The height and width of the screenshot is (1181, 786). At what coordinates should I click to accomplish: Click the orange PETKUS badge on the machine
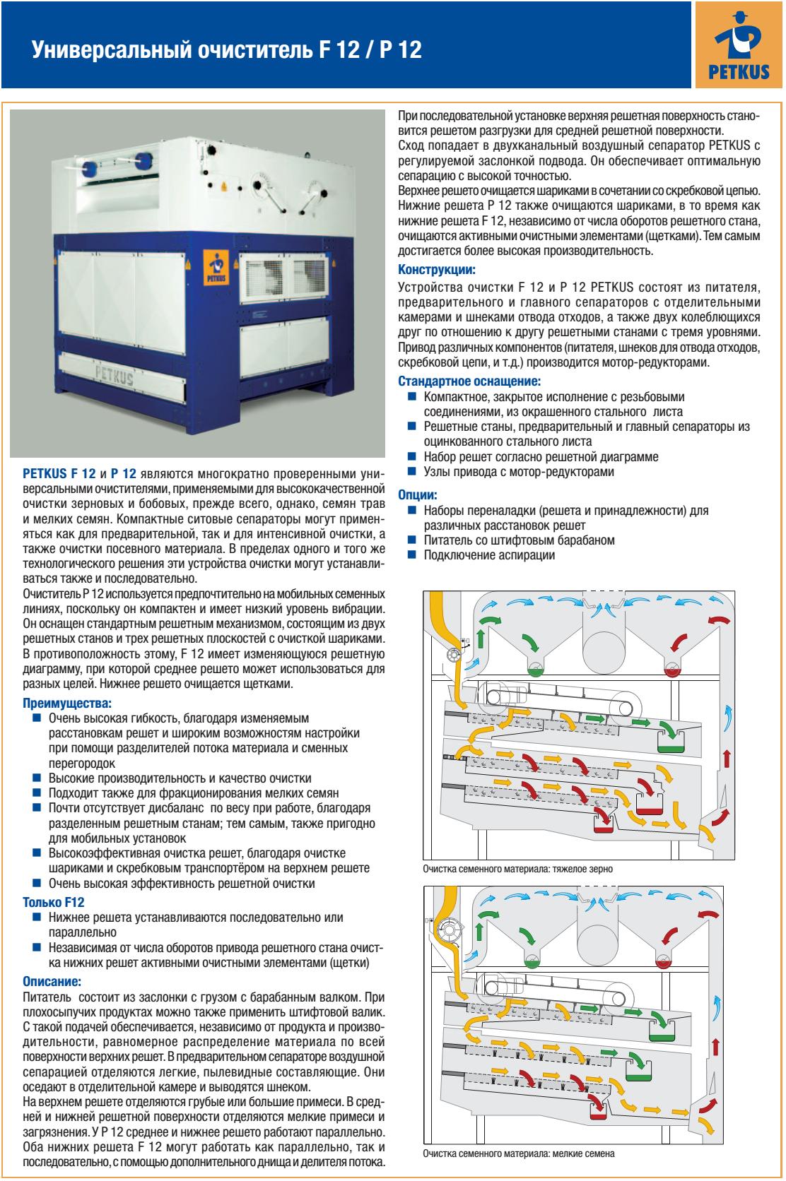click(212, 267)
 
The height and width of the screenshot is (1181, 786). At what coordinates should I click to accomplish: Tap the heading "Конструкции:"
click(437, 270)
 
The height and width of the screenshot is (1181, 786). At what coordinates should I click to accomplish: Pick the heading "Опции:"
click(418, 495)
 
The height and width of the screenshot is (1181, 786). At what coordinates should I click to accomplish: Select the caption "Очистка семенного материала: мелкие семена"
click(518, 1154)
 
